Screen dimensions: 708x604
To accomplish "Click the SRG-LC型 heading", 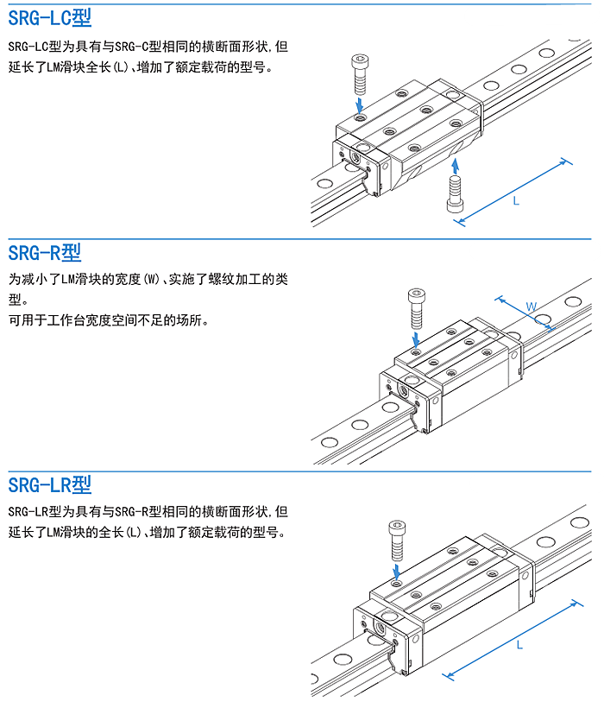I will tap(49, 17).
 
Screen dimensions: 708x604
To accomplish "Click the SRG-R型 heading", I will tap(44, 253).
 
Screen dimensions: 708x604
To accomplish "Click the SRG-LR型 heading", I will tap(49, 484).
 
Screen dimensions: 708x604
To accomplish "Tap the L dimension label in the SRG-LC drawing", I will tap(516, 200).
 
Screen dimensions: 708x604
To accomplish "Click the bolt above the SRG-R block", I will tap(416, 307).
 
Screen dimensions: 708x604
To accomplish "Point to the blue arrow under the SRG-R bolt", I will tap(417, 337).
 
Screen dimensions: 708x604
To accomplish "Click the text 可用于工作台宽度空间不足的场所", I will tap(109, 320).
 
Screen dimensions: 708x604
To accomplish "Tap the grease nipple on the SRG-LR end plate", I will tap(380, 623).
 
